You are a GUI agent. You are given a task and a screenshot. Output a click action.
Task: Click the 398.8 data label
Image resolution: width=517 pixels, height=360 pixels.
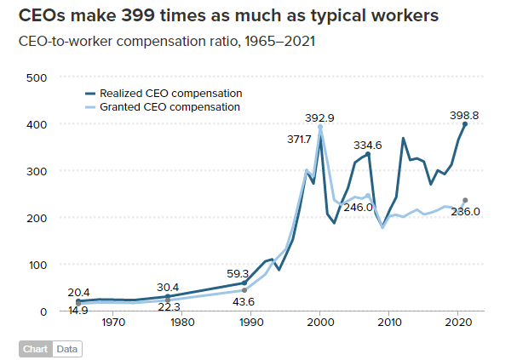point(465,115)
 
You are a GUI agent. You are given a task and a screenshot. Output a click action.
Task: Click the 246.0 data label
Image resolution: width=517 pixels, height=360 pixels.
point(359,206)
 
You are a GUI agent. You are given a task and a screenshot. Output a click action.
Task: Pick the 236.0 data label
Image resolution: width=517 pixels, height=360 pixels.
point(465,212)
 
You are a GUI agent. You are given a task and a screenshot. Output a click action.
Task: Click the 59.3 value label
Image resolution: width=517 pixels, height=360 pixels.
point(238,274)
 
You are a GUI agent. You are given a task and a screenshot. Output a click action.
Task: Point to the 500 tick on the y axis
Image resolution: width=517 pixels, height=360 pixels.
point(35,77)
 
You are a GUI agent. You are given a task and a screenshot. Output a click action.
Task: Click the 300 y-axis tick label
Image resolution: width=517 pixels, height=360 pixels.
point(35,171)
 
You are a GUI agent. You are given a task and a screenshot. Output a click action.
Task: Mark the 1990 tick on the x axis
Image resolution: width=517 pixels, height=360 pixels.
point(251,323)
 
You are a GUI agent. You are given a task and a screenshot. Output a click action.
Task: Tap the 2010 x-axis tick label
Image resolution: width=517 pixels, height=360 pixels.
point(389,323)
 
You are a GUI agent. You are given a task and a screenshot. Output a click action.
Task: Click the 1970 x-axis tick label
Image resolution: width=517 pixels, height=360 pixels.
point(113,323)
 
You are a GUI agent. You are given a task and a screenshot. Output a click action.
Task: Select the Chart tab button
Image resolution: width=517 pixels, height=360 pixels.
point(35,348)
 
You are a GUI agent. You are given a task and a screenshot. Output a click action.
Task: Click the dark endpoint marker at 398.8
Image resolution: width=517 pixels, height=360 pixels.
point(465,124)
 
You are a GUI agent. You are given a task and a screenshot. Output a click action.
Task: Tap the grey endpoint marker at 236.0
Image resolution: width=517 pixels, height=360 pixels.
point(465,200)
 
